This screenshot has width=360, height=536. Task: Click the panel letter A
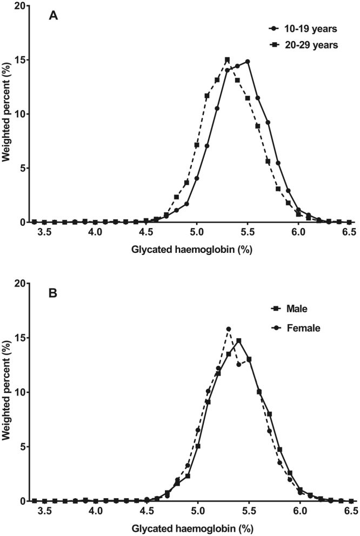[x=53, y=16]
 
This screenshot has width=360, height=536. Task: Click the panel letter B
[x=53, y=295]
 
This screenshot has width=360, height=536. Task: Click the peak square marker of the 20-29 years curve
[x=227, y=59]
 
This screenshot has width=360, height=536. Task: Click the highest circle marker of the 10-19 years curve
[x=248, y=62]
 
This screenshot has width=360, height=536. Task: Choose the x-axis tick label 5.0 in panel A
[x=197, y=233]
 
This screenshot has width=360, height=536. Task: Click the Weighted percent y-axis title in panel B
[x=8, y=392]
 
